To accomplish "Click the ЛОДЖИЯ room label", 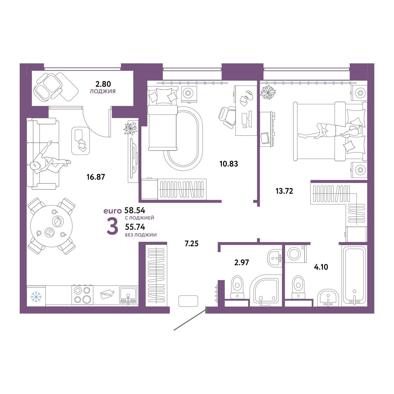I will (102, 91).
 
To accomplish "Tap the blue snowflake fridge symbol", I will (36, 297).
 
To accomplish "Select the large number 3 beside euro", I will (112, 227).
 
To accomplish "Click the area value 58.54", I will (135, 210).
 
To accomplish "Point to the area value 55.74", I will (135, 227).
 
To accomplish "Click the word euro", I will (113, 211).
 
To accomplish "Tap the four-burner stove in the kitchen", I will (82, 295).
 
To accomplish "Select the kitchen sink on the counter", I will (128, 295).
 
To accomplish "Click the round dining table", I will (52, 226).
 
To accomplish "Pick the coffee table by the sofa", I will (80, 141).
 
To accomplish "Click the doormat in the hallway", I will (188, 301).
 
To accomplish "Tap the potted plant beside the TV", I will (131, 128).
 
